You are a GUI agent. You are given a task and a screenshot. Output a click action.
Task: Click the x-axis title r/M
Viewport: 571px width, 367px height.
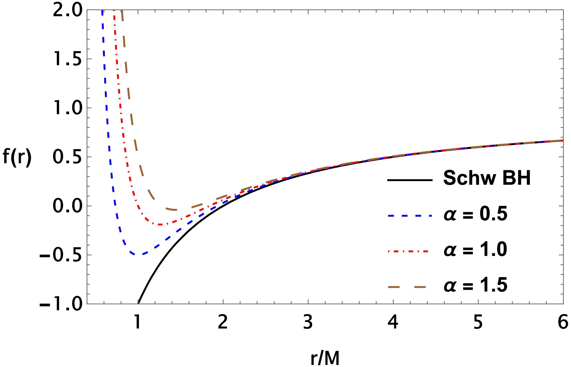coord(325,358)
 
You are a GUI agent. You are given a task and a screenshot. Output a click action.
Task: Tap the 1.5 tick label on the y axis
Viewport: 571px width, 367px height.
coord(67,59)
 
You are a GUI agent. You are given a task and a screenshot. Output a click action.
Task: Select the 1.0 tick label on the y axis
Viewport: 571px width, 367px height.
coord(67,108)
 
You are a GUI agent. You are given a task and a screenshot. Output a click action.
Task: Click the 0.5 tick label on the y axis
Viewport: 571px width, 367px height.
coord(67,157)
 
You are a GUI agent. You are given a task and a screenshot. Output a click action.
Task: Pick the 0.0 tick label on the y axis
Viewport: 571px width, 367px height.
coord(67,206)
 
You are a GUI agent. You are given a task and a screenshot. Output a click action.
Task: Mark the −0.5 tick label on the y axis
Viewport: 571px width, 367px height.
coord(61,255)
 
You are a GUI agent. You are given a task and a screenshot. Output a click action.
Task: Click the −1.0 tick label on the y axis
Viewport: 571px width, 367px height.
coord(61,304)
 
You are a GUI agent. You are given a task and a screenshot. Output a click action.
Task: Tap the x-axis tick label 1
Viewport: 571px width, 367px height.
coord(137,322)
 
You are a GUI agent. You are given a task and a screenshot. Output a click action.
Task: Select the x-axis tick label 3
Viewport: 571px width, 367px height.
coord(308,322)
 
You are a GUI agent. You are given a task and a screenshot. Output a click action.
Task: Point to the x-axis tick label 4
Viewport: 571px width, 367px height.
coord(393,322)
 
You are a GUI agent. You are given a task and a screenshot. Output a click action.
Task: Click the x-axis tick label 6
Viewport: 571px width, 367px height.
coord(563,322)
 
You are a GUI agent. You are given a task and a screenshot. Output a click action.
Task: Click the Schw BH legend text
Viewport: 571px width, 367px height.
coord(487,178)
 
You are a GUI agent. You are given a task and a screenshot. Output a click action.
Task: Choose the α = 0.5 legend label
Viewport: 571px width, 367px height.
coord(476,214)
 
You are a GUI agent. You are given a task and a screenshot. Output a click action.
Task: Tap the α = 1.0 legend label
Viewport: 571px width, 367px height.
coord(476,250)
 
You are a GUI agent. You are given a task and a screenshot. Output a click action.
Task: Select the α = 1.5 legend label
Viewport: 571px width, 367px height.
coord(476,285)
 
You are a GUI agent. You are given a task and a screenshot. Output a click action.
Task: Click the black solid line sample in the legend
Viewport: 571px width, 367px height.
coord(410,180)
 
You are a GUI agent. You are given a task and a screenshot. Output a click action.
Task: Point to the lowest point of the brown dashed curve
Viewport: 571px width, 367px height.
coord(175,210)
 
